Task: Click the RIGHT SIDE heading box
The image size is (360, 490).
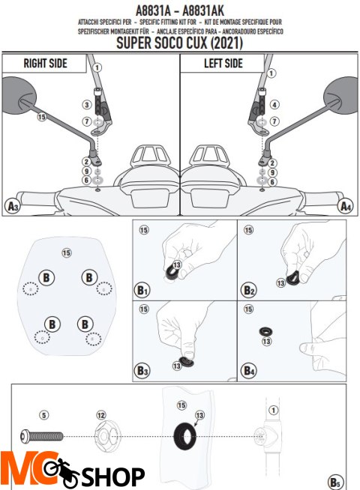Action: [44, 64]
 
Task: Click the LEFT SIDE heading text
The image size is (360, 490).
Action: [223, 64]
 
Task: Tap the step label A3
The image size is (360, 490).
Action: [13, 207]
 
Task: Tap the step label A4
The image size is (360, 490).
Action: [346, 207]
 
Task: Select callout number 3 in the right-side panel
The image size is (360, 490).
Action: [87, 105]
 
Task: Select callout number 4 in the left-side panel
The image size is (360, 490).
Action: [274, 105]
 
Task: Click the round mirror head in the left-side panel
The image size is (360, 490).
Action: [341, 95]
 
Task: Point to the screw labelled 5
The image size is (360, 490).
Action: [41, 436]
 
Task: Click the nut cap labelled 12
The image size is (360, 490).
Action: [107, 437]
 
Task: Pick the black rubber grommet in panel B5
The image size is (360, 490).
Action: [185, 436]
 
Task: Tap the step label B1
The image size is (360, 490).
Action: [142, 290]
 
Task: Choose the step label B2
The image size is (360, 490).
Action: [249, 290]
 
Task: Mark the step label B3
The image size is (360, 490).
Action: [142, 371]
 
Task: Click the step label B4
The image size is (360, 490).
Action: [249, 371]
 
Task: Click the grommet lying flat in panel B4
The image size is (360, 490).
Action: [265, 331]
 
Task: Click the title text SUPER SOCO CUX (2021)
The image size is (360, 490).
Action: [179, 43]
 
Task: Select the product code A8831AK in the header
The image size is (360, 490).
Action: [203, 11]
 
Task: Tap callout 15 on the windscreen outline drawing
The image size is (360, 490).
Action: [67, 252]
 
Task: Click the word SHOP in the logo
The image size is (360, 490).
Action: [113, 477]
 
